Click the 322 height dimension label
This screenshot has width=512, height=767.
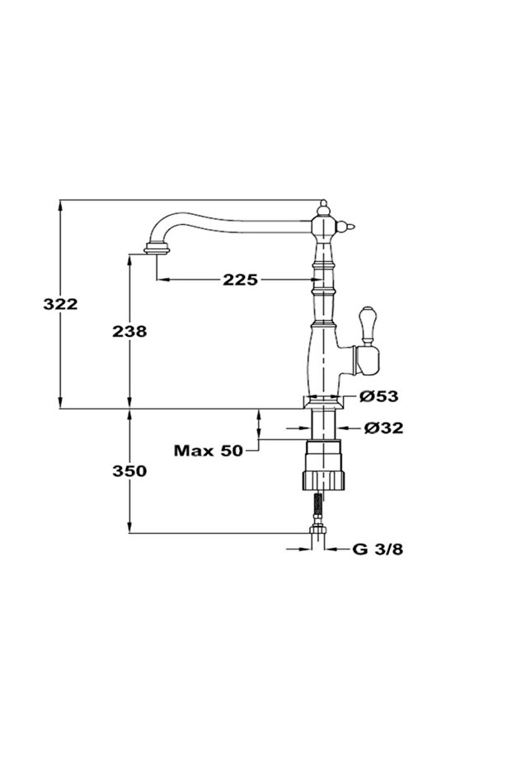(x=60, y=304)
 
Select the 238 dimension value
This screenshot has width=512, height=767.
(x=129, y=331)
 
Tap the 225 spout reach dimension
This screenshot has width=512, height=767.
(x=241, y=280)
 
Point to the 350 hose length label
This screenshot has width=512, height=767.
(x=129, y=471)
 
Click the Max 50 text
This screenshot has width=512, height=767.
(x=209, y=450)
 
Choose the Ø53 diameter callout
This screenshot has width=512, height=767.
(x=379, y=395)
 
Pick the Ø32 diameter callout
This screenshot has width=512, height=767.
(x=383, y=428)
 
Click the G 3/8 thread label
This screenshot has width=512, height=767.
(x=378, y=549)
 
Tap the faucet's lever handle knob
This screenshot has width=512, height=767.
(x=366, y=325)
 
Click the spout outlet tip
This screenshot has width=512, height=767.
(x=157, y=249)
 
